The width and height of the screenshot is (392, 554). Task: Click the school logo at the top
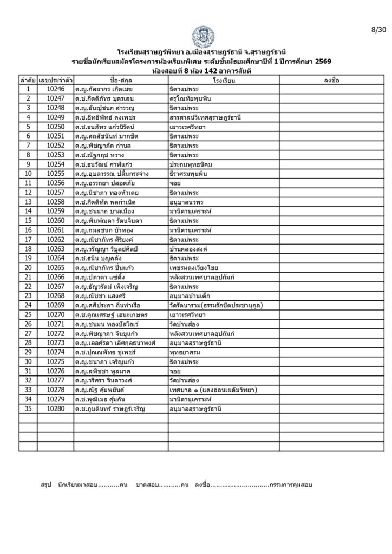pyautogui.click(x=202, y=36)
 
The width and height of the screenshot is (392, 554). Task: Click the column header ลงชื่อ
pyautogui.click(x=331, y=80)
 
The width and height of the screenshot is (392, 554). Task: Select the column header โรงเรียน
pyautogui.click(x=223, y=80)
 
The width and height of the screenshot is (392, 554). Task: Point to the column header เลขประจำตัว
pyautogui.click(x=56, y=80)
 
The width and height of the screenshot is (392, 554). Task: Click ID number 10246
pyautogui.click(x=56, y=89)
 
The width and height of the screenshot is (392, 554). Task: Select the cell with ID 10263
pyautogui.click(x=56, y=248)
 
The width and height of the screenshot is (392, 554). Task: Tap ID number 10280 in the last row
pyautogui.click(x=56, y=408)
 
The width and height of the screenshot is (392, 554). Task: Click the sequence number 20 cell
pyautogui.click(x=28, y=267)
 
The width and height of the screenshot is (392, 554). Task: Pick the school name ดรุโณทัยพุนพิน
pyautogui.click(x=192, y=98)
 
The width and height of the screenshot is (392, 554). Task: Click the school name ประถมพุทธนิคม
pyautogui.click(x=192, y=164)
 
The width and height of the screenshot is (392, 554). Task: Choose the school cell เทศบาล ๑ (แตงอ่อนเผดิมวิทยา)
pyautogui.click(x=212, y=390)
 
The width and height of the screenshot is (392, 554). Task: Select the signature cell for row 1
pyautogui.click(x=331, y=89)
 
